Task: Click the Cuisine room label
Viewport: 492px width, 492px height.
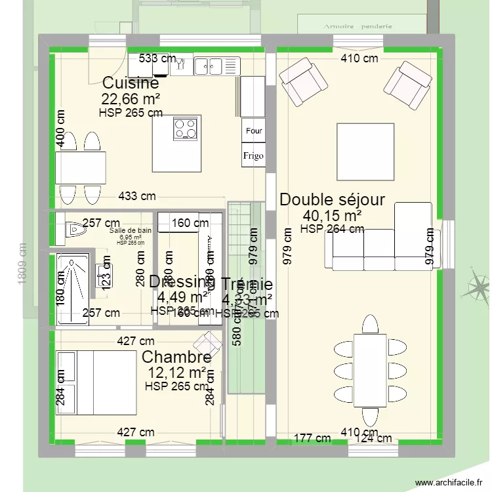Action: click(x=131, y=84)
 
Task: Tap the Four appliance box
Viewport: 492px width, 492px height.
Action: click(x=254, y=131)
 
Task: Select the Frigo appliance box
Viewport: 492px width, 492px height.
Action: click(x=254, y=155)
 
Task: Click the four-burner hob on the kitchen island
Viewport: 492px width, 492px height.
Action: click(x=186, y=127)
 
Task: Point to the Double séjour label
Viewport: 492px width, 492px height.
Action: click(x=332, y=199)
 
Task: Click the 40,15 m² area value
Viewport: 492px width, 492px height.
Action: click(x=332, y=215)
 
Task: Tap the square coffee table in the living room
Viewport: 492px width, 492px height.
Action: click(x=365, y=152)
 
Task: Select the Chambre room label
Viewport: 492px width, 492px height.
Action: click(x=176, y=358)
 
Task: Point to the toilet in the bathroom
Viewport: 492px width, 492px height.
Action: click(x=75, y=229)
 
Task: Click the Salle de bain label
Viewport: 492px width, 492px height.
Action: click(x=131, y=230)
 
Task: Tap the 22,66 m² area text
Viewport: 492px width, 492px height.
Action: click(x=131, y=98)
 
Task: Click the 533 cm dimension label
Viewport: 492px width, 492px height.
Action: click(x=157, y=58)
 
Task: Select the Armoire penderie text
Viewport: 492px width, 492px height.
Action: click(x=358, y=27)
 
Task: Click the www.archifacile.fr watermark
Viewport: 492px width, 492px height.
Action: click(x=452, y=483)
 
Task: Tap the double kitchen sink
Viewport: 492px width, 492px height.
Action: click(x=210, y=64)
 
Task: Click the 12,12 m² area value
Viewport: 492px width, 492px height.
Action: click(x=176, y=373)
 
